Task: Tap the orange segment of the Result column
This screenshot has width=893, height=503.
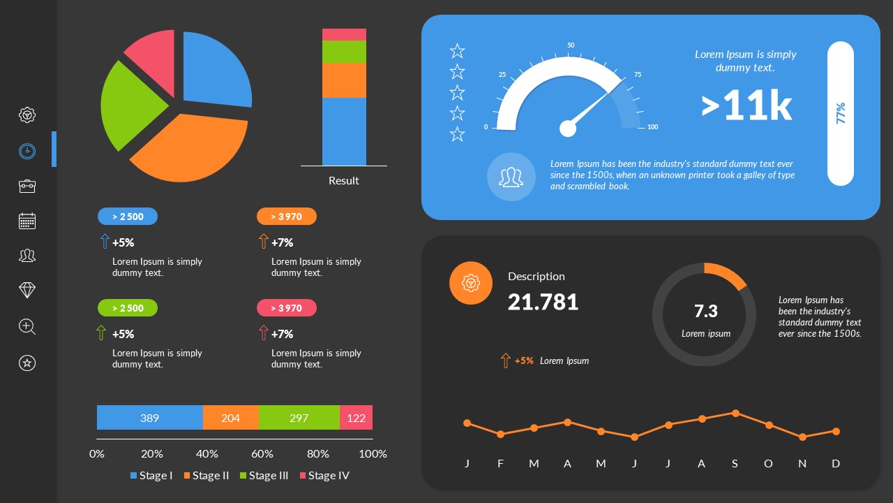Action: pos(344,80)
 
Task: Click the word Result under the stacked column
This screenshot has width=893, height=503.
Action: pos(343,180)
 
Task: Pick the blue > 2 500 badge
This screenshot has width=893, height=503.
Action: pos(128,217)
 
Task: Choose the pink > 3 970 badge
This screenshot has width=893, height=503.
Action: pos(286,308)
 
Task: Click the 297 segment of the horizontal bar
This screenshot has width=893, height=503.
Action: pos(299,418)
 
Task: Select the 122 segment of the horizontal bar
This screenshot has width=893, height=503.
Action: pos(356,418)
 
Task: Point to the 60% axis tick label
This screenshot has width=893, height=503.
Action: pos(262,453)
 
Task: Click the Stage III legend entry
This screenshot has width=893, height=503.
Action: pos(264,476)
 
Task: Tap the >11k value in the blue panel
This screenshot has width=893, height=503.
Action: pos(746,106)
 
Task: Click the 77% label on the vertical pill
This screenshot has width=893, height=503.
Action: pos(841,113)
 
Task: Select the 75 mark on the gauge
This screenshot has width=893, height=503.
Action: pos(637,75)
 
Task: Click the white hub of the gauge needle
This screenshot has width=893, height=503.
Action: pos(568,129)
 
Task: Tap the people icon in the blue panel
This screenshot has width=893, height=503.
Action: pos(511,177)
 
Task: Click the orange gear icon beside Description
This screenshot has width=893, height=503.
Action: pos(471,283)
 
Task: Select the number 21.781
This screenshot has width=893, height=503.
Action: pos(543,302)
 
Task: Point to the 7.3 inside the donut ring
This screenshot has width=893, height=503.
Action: pos(705,311)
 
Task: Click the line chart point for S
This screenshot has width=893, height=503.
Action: pos(735,413)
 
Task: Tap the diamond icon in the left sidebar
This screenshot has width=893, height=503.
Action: pos(27,291)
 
